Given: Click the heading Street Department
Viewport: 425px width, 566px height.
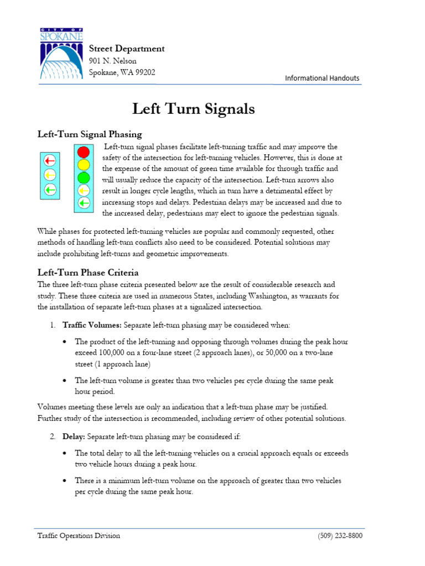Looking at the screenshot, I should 127,49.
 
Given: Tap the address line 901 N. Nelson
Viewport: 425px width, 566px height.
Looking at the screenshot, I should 113,61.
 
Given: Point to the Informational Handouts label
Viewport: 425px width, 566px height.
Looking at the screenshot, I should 322,78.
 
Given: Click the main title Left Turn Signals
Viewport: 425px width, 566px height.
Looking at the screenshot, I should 194,109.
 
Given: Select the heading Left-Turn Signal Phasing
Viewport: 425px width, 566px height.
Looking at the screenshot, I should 90,134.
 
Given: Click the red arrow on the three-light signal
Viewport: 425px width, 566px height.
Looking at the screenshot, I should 50,161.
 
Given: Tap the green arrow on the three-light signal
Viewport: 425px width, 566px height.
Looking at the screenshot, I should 50,190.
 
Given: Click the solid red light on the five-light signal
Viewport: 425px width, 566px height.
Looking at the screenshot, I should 84,151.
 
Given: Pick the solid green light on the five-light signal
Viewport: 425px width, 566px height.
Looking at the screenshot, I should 84,177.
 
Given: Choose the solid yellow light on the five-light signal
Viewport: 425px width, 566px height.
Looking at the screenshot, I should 84,164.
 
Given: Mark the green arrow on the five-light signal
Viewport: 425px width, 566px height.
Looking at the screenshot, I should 84,203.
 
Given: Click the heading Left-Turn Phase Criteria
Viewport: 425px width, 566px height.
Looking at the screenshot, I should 88,272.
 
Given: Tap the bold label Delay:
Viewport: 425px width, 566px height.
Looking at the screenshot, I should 74,437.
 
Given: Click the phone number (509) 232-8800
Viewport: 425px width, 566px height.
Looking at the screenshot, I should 340,536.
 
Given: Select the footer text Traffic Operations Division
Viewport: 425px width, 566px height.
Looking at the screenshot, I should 79,536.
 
